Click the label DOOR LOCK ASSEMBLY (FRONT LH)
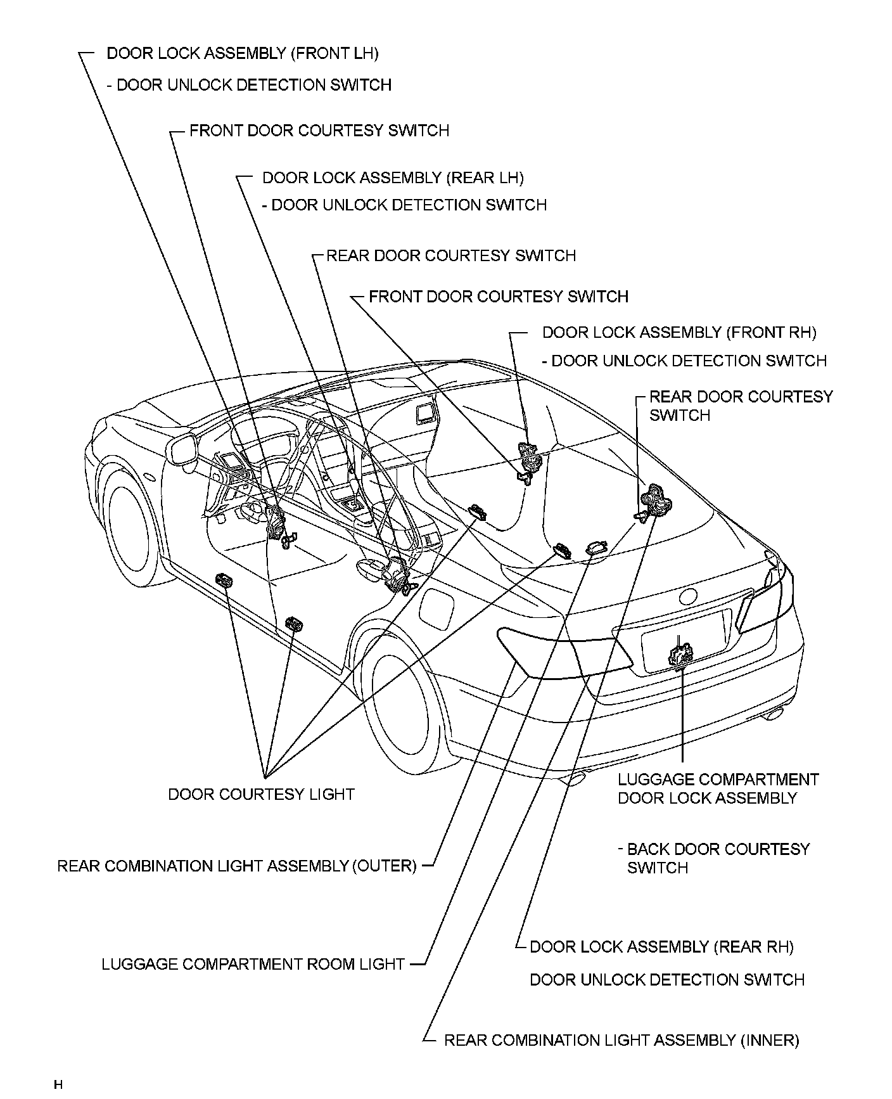(x=242, y=53)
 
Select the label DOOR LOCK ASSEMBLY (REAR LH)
(x=393, y=178)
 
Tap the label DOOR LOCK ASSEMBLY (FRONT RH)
(x=679, y=332)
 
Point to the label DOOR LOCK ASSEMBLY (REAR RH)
(x=661, y=947)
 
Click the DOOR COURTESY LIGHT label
(x=261, y=794)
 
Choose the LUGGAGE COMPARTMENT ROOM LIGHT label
(x=253, y=964)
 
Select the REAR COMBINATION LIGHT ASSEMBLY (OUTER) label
(x=237, y=866)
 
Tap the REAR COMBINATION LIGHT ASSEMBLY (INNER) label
(x=621, y=1040)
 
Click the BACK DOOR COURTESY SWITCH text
(x=718, y=858)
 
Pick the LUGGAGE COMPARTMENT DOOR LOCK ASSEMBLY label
(x=718, y=788)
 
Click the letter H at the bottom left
(x=58, y=1084)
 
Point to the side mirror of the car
(x=182, y=448)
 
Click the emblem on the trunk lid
(x=687, y=596)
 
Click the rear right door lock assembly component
(x=655, y=499)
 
